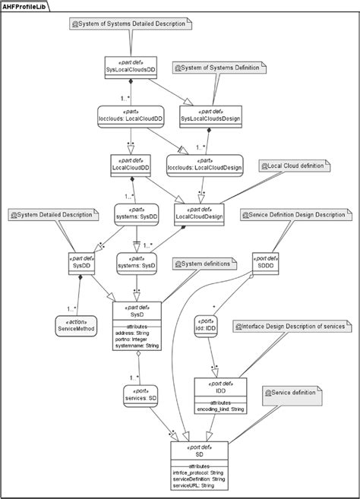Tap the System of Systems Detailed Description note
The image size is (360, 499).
tap(127, 25)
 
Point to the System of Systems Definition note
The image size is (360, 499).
tap(220, 68)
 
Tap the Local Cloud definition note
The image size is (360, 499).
tap(292, 166)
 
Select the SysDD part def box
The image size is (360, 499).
tap(80, 262)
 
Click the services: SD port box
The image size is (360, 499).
tap(141, 394)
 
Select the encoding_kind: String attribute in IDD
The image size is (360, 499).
tap(220, 409)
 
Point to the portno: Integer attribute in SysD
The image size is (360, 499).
tap(134, 340)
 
